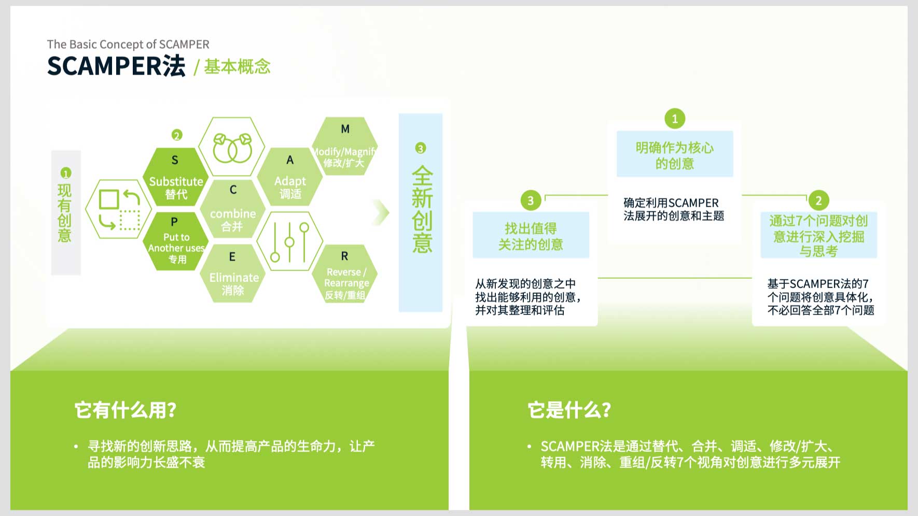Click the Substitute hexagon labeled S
175,177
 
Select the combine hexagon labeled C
232,209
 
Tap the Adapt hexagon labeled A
290,177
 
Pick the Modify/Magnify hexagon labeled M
344,146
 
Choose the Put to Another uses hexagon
175,241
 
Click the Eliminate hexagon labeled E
232,273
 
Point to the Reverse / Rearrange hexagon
344,273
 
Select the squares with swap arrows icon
119,209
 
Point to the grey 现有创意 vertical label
66,212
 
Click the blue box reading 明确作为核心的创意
675,154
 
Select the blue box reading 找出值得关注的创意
531,235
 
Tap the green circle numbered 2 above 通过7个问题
818,200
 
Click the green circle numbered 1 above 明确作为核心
675,119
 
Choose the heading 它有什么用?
126,410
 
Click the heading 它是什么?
569,410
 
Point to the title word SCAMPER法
116,66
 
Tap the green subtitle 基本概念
237,66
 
